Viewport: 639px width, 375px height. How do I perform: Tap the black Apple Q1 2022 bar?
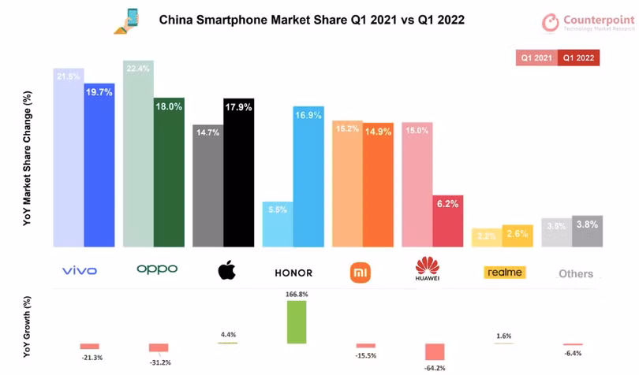click(237, 173)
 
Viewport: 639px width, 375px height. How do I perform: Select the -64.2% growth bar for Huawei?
click(434, 352)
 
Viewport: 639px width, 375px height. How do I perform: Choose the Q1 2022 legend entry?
click(578, 58)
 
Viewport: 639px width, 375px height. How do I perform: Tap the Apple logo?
click(226, 271)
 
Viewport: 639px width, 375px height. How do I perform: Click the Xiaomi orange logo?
click(361, 272)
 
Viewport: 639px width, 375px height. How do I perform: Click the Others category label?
click(575, 273)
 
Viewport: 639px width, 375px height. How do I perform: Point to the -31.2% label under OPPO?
click(159, 363)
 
